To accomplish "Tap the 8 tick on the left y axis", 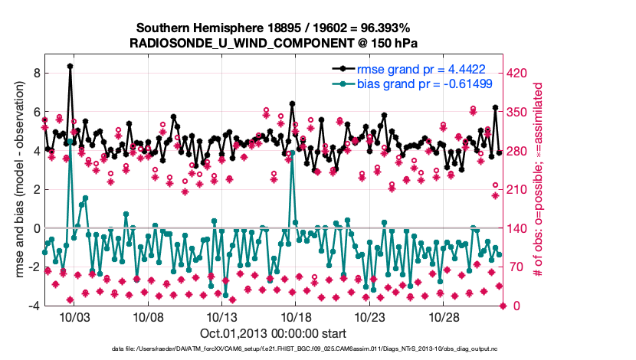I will pyautogui.click(x=37, y=73).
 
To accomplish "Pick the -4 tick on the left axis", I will pyautogui.click(x=34, y=306).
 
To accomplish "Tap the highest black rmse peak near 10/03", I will pyautogui.click(x=70, y=67).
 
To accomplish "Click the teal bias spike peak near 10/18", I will pyautogui.click(x=293, y=153).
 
